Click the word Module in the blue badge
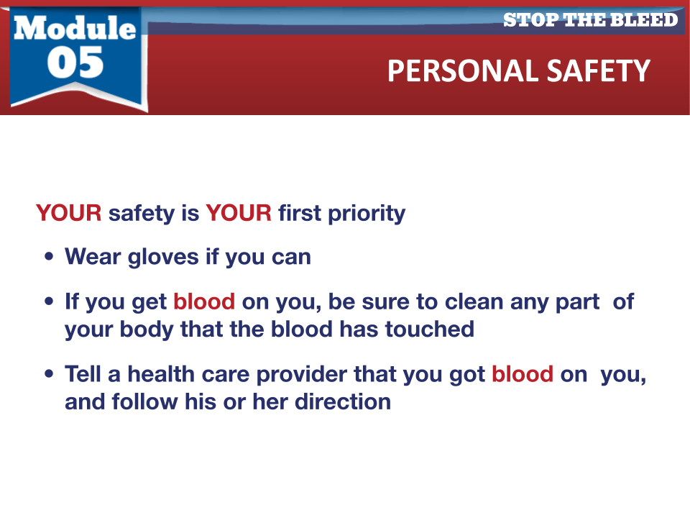tap(75, 28)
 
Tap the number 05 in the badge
tap(75, 63)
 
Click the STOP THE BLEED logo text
tap(591, 20)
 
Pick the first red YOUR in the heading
tap(69, 213)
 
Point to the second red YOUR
tap(239, 213)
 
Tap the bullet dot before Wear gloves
tap(49, 256)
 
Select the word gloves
tap(163, 258)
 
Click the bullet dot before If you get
tap(49, 301)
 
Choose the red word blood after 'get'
tap(204, 301)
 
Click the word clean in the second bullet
tap(474, 301)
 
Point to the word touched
tap(430, 329)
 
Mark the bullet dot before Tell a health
tap(49, 374)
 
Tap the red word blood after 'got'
tap(523, 374)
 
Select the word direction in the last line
tap(343, 401)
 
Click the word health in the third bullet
tap(161, 374)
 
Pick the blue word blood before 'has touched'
tap(301, 329)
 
